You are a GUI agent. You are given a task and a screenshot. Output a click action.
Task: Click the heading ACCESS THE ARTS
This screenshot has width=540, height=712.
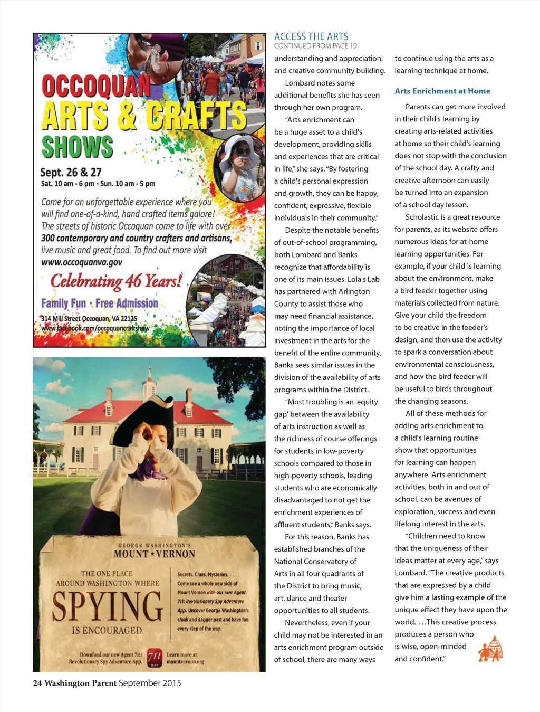(x=311, y=36)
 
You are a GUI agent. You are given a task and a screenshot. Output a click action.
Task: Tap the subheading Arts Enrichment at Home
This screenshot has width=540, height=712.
(x=442, y=91)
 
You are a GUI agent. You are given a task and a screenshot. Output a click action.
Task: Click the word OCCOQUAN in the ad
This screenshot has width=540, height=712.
(x=95, y=86)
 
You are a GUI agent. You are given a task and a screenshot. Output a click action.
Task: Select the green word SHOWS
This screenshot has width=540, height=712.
(x=77, y=147)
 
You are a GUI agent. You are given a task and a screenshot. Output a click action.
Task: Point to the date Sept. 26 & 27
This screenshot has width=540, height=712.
(x=71, y=172)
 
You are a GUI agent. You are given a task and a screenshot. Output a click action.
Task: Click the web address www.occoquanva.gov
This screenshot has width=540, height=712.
(x=81, y=262)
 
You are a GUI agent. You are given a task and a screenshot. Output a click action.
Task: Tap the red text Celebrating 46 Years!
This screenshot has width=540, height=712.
(x=116, y=281)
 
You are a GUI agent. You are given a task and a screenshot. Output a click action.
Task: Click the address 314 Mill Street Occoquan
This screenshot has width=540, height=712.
(x=89, y=318)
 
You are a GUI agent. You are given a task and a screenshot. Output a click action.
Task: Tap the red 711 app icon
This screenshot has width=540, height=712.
(x=154, y=657)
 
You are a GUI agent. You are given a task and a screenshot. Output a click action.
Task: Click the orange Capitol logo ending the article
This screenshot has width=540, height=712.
(x=490, y=649)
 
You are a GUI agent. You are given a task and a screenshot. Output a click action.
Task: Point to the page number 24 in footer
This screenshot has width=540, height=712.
(x=37, y=683)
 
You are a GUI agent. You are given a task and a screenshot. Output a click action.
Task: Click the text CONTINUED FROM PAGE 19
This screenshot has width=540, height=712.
(x=315, y=46)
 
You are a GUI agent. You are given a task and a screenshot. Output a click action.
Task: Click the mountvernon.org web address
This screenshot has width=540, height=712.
(x=185, y=661)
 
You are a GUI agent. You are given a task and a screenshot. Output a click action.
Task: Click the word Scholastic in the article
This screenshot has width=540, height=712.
(x=423, y=217)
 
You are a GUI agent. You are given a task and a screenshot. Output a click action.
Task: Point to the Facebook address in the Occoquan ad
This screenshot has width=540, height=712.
(x=95, y=328)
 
